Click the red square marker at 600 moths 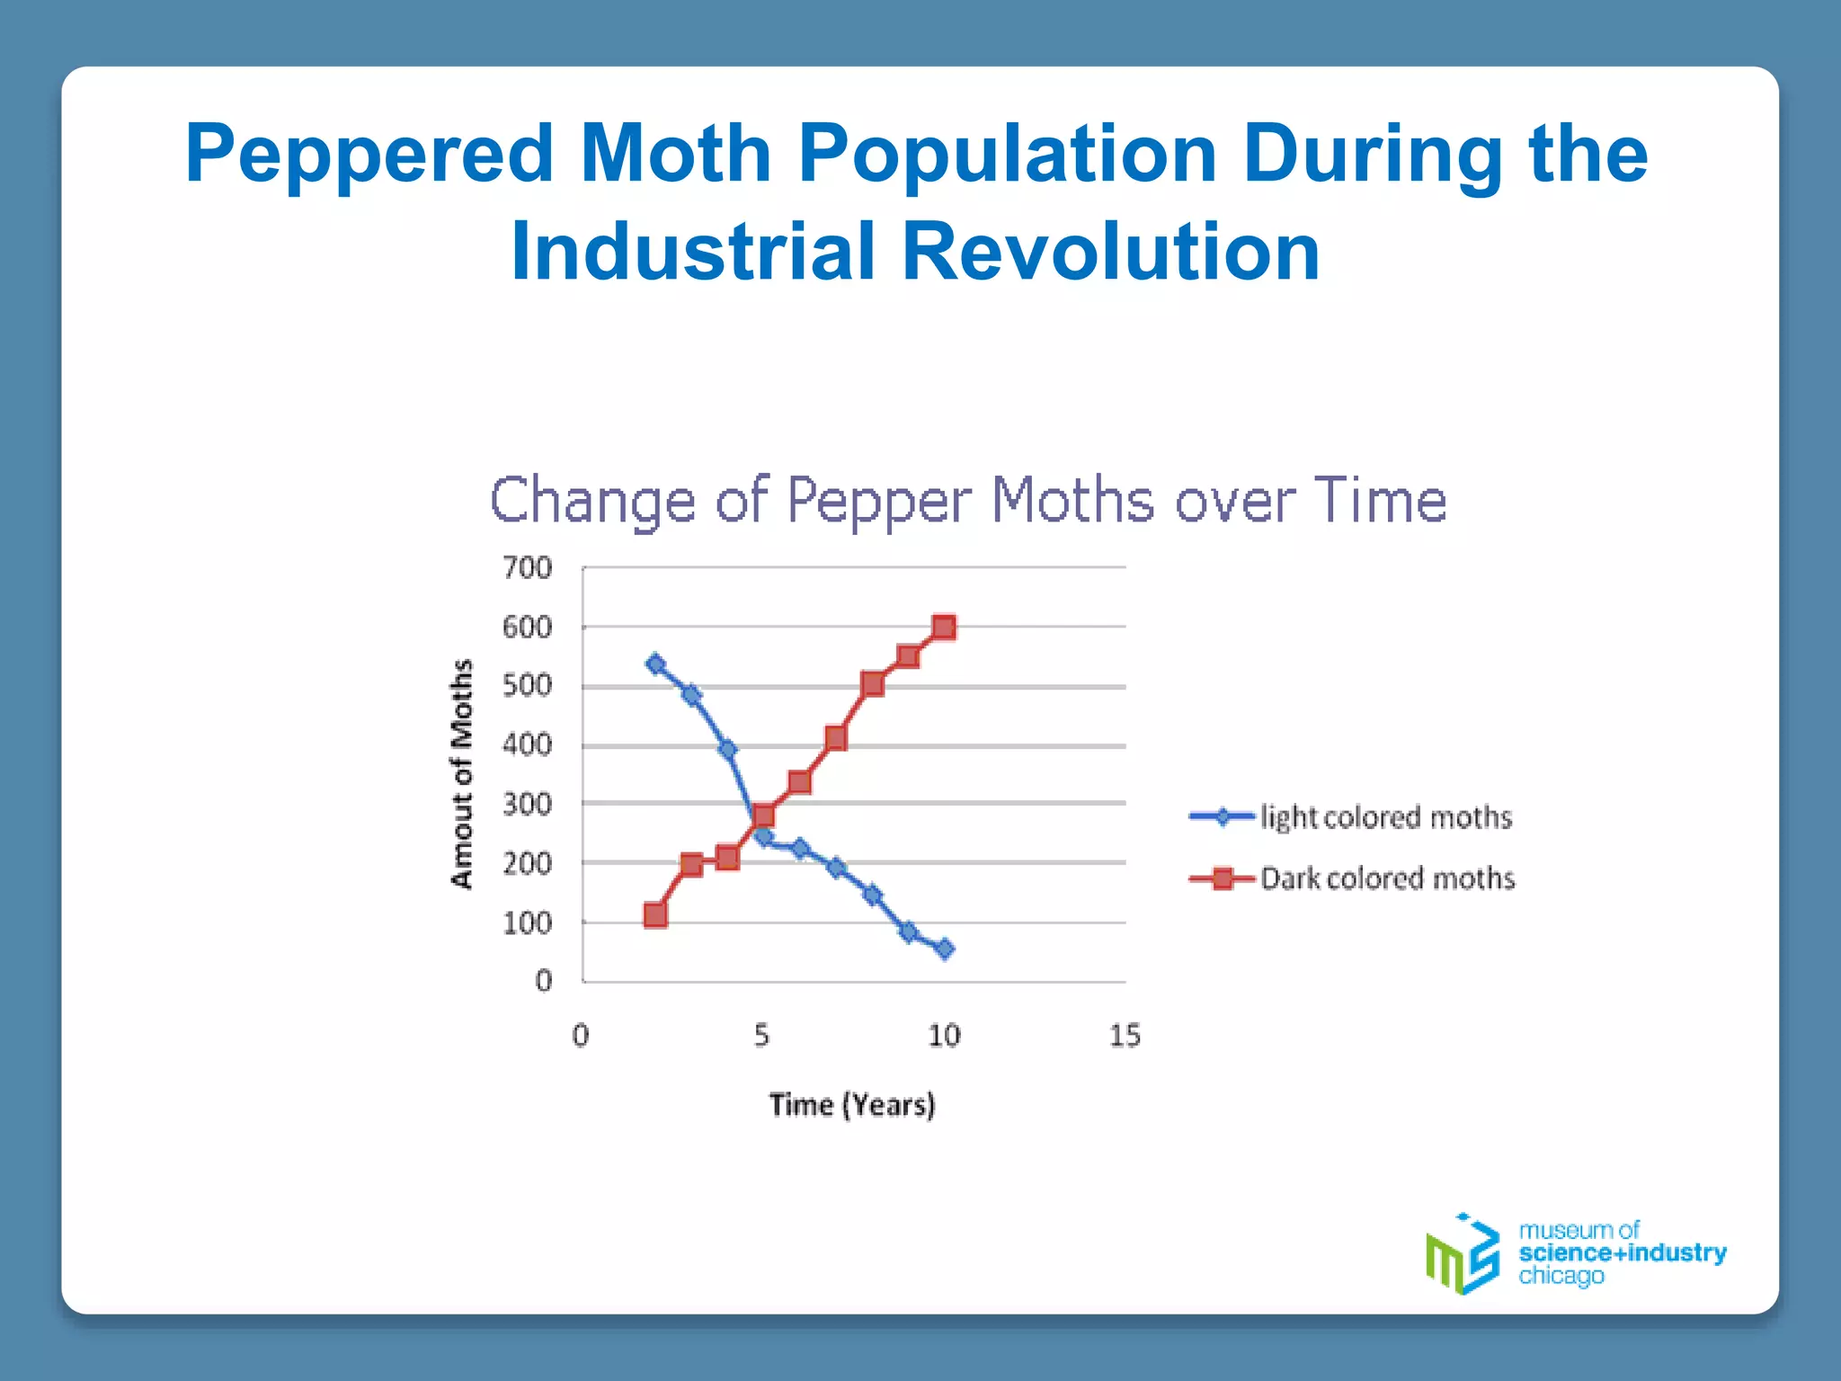943,627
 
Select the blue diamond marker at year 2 655,664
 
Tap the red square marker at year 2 655,915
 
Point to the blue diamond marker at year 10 944,949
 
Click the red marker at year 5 763,815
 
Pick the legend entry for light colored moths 1350,816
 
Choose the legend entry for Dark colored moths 1352,878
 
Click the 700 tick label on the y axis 527,568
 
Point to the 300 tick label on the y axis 527,804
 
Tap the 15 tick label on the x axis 1124,1036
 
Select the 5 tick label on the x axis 761,1036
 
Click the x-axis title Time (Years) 852,1104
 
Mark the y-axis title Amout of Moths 461,773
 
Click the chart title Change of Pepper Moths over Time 968,501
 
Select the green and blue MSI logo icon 1463,1254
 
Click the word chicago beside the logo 1561,1276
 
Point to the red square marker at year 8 871,684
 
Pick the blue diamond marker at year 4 727,749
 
